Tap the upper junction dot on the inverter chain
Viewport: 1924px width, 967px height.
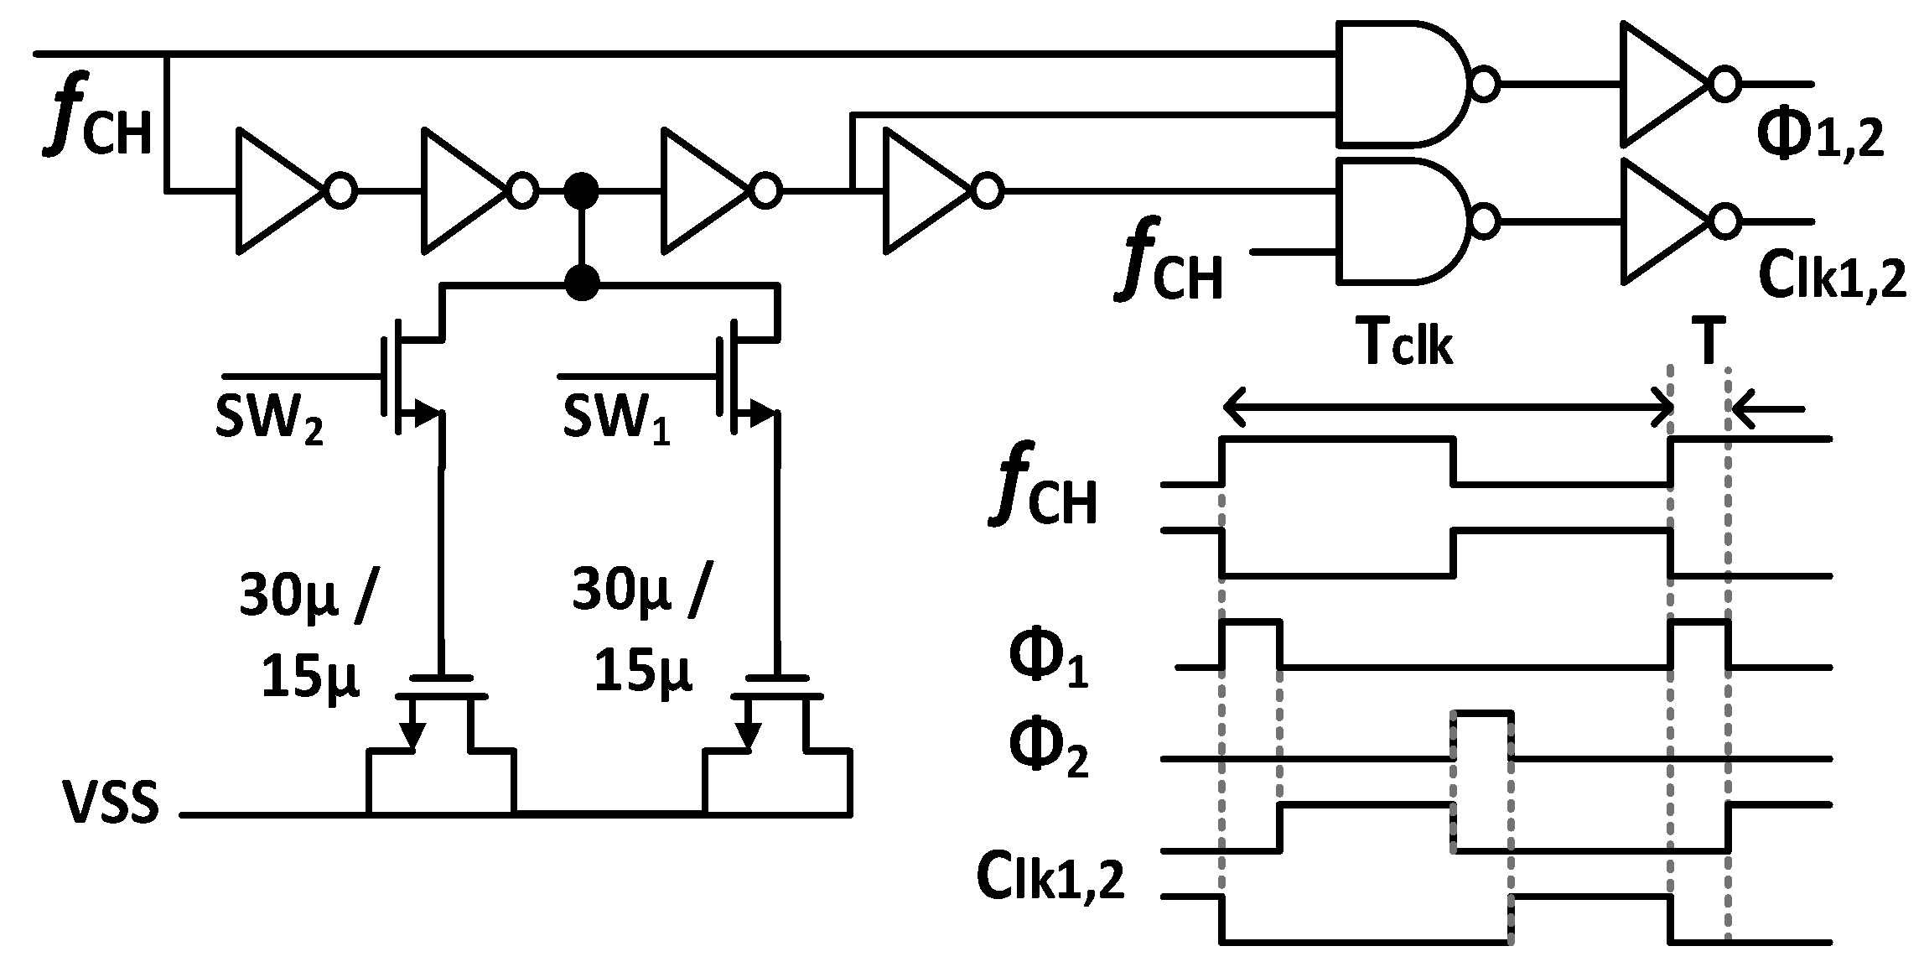580,191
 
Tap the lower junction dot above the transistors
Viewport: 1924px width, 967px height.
581,283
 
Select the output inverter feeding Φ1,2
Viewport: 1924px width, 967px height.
1668,84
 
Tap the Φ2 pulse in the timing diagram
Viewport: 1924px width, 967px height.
1483,734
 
